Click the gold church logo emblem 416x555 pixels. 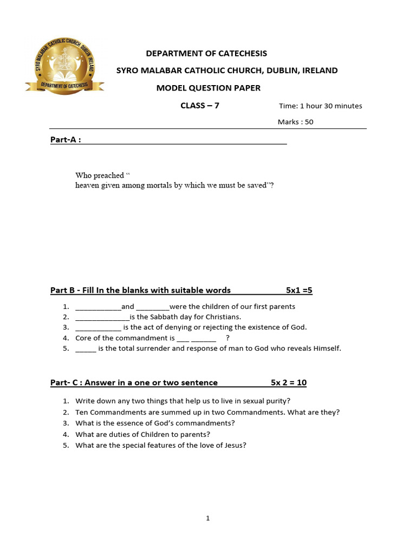point(64,68)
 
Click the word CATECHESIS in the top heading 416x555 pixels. point(242,53)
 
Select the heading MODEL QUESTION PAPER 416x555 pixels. point(209,88)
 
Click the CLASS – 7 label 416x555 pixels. point(200,106)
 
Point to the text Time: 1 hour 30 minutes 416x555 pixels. point(320,106)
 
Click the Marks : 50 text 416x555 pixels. point(295,122)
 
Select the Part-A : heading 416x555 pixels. point(66,140)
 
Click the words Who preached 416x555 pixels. point(100,176)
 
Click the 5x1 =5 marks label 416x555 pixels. point(299,291)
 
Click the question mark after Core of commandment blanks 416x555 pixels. point(227,338)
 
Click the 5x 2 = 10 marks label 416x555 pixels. point(289,383)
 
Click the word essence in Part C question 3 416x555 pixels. point(134,423)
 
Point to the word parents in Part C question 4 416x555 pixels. point(197,434)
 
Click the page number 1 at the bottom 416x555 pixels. point(207,519)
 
